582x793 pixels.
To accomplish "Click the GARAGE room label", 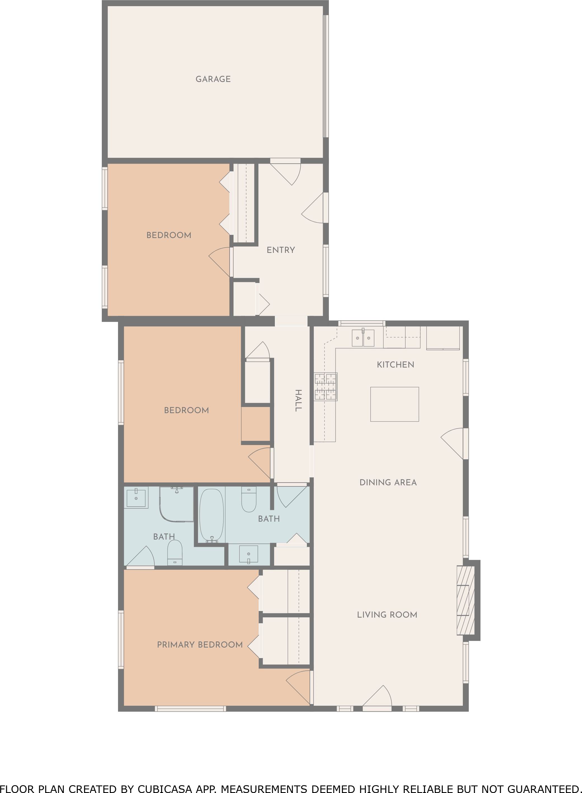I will tap(213, 79).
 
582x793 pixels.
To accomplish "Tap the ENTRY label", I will tap(281, 250).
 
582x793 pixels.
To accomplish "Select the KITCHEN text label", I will tap(395, 365).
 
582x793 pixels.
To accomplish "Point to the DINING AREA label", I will tap(388, 483).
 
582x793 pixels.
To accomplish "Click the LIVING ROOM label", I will tap(387, 615).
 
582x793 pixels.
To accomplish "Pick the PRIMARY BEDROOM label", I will tap(200, 645).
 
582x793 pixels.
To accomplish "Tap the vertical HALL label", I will tap(298, 401).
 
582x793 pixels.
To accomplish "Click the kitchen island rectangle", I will tap(394, 404).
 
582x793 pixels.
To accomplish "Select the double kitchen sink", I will tap(363, 338).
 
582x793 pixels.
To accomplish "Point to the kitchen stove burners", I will tap(326, 387).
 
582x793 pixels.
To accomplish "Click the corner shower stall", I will tap(176, 504).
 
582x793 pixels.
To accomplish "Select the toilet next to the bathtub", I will tap(249, 499).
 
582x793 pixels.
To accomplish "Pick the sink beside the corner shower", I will tap(136, 497).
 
